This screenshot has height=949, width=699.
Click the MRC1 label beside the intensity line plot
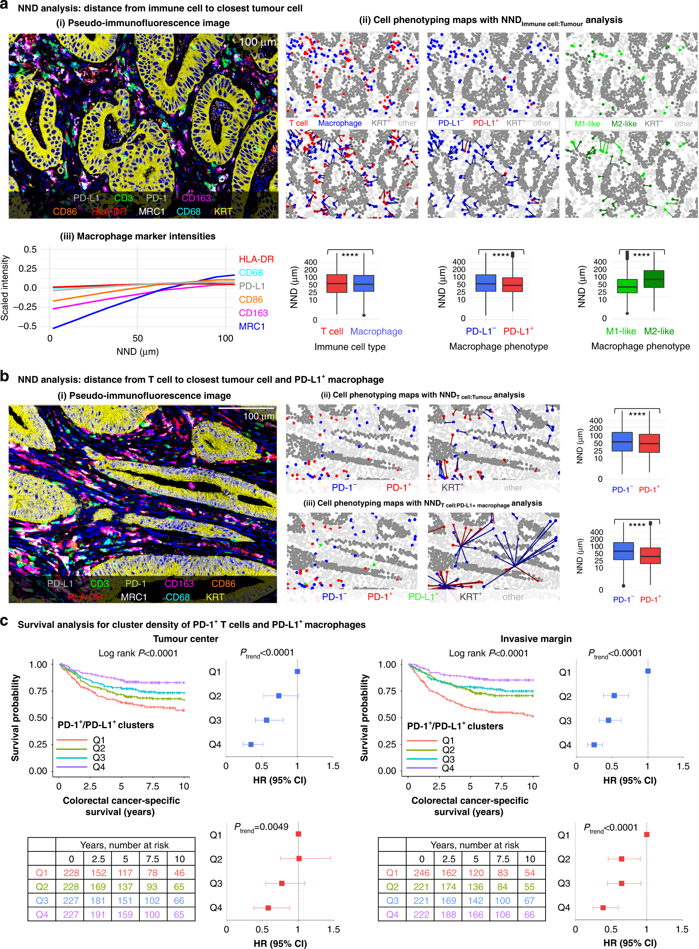pos(252,326)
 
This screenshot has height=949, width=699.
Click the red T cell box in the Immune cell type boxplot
pos(337,283)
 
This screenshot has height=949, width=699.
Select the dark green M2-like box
pos(654,279)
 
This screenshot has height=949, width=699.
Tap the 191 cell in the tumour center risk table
pos(98,914)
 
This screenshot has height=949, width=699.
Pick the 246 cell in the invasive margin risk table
pos(422,873)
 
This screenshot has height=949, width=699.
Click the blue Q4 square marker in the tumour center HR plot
pos(251,744)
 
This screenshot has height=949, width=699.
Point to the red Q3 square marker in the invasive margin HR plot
pos(621,883)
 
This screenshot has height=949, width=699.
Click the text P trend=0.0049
pos(262,827)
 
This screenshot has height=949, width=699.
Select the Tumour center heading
pos(185,639)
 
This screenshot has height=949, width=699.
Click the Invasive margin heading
pos(536,639)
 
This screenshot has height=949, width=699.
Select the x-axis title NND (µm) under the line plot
pos(138,352)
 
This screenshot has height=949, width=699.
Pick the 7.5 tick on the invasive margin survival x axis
pos(501,786)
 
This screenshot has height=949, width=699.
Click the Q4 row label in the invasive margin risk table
pos(392,914)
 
